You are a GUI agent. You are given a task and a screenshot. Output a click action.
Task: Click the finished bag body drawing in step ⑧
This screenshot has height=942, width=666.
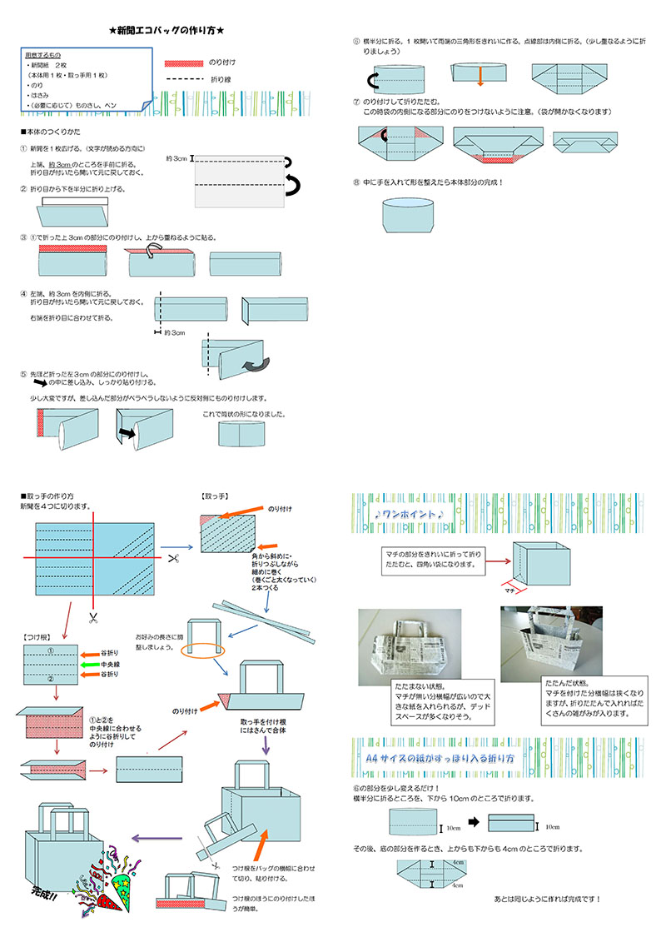[408, 215]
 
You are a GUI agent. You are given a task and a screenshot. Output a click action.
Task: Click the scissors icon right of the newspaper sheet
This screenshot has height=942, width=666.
[173, 556]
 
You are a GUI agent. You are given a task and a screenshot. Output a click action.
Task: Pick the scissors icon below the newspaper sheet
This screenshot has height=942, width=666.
[92, 617]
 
